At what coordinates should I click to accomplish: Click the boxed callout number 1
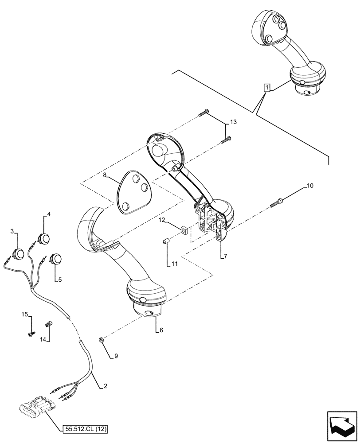pyautogui.click(x=266, y=88)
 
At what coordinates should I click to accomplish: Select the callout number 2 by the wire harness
pyautogui.click(x=106, y=386)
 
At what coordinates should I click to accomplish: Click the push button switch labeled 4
pyautogui.click(x=44, y=239)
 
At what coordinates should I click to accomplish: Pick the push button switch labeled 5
pyautogui.click(x=56, y=259)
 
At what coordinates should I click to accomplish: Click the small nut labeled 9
pyautogui.click(x=101, y=340)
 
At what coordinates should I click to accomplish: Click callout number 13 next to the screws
pyautogui.click(x=234, y=122)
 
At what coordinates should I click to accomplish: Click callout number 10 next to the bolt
pyautogui.click(x=310, y=186)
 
